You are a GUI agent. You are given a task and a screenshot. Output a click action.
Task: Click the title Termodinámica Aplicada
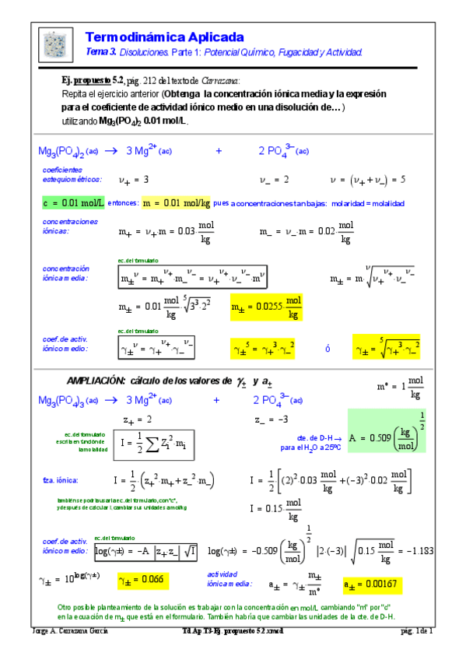pyautogui.click(x=163, y=37)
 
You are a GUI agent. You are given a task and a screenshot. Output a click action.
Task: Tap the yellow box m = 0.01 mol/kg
pyautogui.click(x=176, y=203)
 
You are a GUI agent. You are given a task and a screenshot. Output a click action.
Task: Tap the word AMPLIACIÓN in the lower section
pyautogui.click(x=96, y=381)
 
